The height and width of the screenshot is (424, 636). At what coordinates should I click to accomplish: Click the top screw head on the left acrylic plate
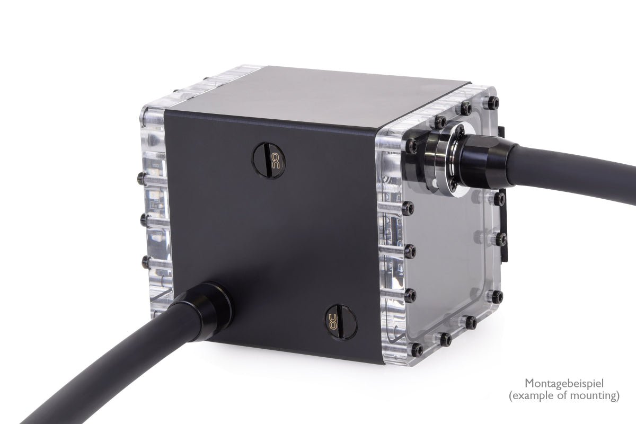point(142,176)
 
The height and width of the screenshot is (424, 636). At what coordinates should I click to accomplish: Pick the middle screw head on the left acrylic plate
point(143,218)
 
